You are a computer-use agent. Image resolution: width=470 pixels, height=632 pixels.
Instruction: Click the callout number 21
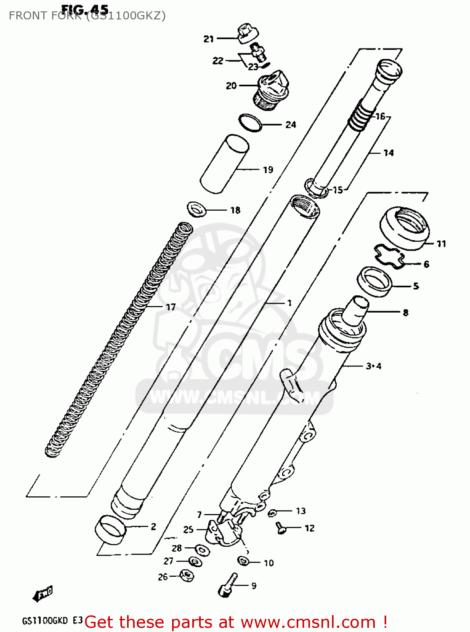click(209, 39)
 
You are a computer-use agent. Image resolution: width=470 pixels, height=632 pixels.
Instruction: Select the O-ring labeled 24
click(250, 122)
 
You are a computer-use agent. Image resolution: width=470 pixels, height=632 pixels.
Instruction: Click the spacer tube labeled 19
click(224, 164)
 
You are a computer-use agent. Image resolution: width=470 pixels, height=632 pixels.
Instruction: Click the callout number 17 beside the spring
click(170, 307)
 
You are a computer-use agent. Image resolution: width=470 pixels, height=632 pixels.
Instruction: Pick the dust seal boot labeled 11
click(405, 228)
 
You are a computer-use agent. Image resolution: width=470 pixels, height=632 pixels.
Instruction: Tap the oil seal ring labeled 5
click(374, 280)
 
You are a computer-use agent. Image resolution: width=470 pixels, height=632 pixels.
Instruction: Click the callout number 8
click(405, 313)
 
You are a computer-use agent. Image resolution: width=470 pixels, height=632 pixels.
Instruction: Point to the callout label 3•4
click(374, 366)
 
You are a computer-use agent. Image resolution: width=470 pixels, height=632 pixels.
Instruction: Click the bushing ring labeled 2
click(111, 529)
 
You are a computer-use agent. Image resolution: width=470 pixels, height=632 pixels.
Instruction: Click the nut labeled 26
click(186, 575)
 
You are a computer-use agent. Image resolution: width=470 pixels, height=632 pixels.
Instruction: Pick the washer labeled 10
click(244, 561)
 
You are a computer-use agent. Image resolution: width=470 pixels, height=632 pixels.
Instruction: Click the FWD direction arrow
click(43, 594)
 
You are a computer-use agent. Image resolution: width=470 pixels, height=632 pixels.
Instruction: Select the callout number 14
click(388, 153)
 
